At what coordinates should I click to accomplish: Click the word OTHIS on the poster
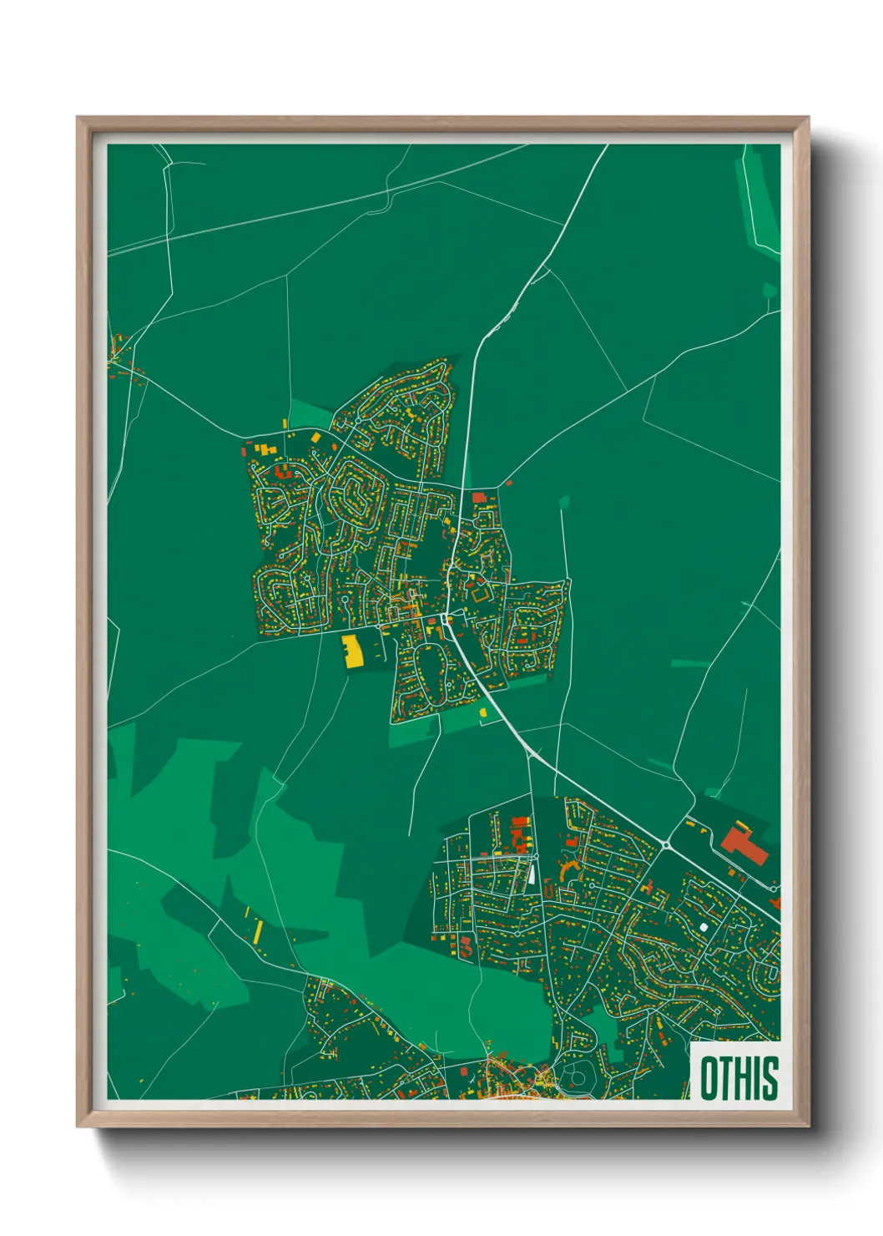(x=739, y=1078)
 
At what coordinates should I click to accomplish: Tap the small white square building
(x=703, y=926)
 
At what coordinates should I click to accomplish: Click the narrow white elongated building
(x=531, y=874)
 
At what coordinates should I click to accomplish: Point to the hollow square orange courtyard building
(x=480, y=594)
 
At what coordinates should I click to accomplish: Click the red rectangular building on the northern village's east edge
(x=479, y=498)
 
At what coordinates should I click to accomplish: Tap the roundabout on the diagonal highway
(x=666, y=845)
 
